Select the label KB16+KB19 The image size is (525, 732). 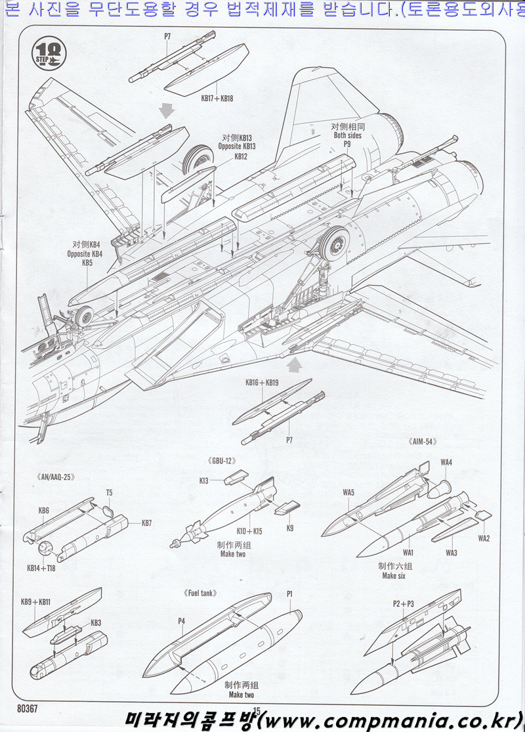click(262, 383)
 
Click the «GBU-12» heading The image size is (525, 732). click(221, 461)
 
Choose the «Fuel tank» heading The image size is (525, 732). click(201, 593)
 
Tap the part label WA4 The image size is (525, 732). click(446, 463)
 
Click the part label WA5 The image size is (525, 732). click(348, 492)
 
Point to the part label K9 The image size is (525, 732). click(289, 527)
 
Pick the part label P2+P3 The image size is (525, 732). click(404, 603)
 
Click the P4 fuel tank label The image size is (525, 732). click(181, 620)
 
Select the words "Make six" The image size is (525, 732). click(394, 576)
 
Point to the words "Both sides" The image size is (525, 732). click(347, 135)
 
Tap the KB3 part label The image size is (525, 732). click(96, 622)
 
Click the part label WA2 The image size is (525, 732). click(484, 539)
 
